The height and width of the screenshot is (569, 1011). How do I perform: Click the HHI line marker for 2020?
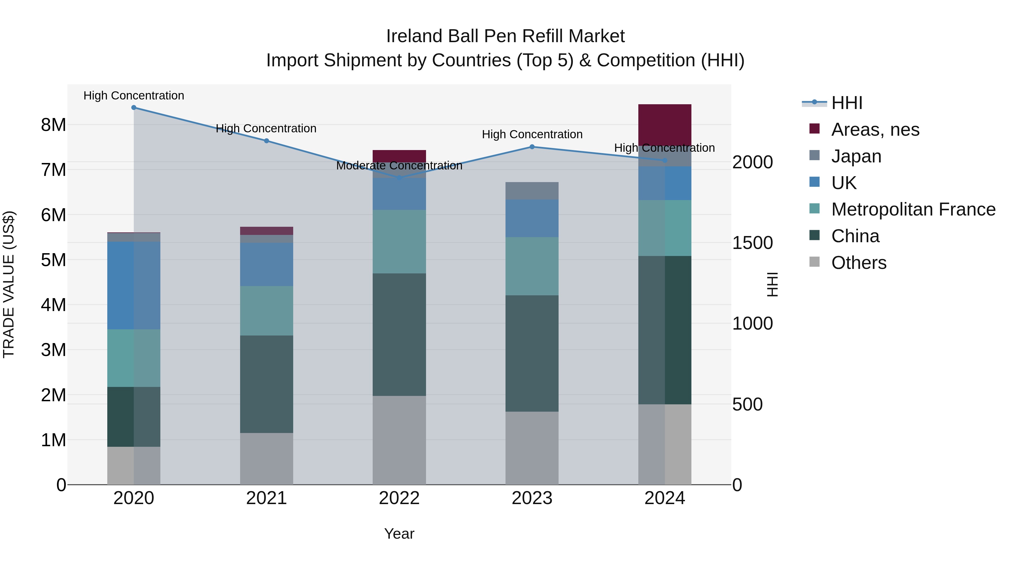click(134, 108)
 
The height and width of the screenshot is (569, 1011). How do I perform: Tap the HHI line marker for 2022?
click(399, 178)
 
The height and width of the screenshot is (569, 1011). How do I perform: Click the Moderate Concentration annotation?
click(399, 166)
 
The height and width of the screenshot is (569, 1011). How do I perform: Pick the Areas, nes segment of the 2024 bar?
click(665, 125)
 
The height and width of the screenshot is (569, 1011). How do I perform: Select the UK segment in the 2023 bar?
click(532, 218)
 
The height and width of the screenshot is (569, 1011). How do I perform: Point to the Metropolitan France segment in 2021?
click(267, 310)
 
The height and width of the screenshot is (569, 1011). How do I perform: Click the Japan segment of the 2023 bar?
click(532, 191)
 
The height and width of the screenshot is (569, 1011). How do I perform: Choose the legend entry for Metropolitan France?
click(913, 209)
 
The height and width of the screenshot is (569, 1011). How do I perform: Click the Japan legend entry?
click(856, 156)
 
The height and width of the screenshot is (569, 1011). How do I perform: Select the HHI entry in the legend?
click(846, 103)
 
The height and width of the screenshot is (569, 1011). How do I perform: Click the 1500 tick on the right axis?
click(752, 243)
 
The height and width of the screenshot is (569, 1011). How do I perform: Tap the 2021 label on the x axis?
click(267, 498)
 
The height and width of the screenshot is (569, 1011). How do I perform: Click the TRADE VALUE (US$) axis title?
click(9, 284)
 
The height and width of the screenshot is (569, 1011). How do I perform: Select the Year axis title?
click(399, 534)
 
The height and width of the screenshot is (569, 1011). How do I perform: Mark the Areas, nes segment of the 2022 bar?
click(399, 156)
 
